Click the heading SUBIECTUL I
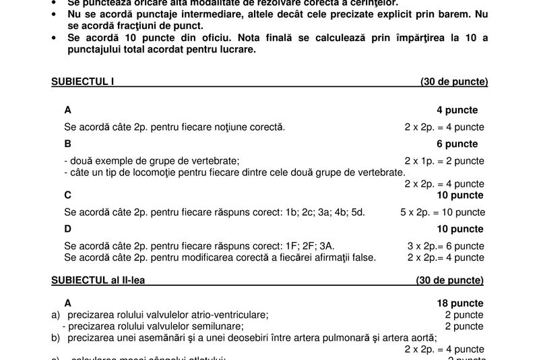[x=83, y=82]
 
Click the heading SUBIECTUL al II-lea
[x=96, y=280]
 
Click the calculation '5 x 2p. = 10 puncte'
[x=442, y=212]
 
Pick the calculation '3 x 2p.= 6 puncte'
[x=445, y=246]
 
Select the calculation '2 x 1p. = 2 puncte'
[x=444, y=160]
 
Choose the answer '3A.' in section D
[x=327, y=246]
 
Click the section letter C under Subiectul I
[x=68, y=196]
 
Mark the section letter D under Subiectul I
[x=68, y=229]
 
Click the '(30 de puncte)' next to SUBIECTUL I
[x=454, y=82]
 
